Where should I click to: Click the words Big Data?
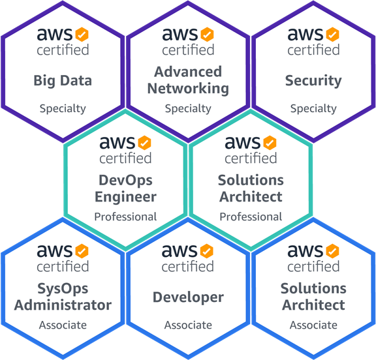(63, 81)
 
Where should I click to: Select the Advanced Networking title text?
(188, 80)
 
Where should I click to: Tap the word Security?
(313, 81)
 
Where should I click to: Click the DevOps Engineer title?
(125, 188)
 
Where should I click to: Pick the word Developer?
(188, 298)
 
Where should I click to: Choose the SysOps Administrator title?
(63, 297)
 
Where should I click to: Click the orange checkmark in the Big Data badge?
(82, 35)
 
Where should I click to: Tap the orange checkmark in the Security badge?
(332, 35)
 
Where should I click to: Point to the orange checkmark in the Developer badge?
(206, 251)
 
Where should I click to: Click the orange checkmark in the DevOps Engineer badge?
(144, 143)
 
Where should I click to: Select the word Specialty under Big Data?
(63, 109)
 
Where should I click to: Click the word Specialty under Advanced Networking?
(188, 109)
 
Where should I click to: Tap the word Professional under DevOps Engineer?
(125, 217)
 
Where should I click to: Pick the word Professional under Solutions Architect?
(251, 217)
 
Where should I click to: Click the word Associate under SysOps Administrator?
(63, 325)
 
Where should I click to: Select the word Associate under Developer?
(188, 325)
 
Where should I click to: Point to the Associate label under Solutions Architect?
(313, 325)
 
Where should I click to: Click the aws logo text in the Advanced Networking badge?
(180, 34)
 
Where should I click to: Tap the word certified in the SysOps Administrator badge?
(63, 266)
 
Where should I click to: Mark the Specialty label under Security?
(313, 109)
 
